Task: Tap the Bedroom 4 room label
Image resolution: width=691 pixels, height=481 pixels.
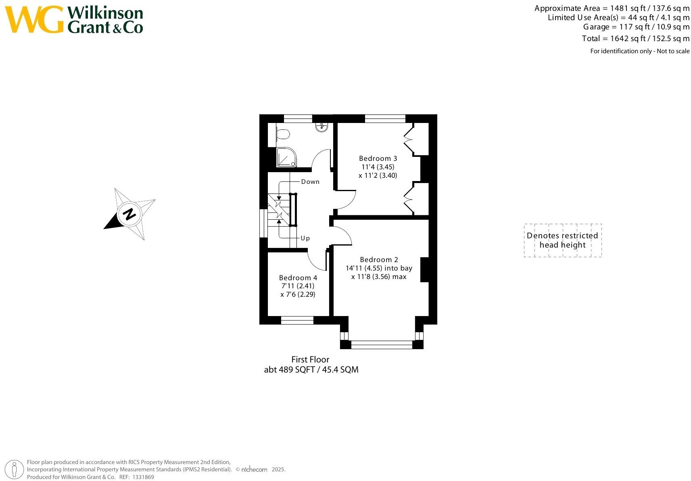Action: click(x=298, y=278)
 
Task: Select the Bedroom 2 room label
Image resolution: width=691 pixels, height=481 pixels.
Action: click(x=379, y=260)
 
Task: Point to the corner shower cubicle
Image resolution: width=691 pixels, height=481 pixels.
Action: click(x=286, y=158)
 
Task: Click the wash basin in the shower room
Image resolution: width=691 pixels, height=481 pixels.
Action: click(x=322, y=127)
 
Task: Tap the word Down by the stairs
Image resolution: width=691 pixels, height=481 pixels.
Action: click(x=310, y=182)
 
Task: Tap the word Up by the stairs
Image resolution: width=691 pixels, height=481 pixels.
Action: click(x=305, y=238)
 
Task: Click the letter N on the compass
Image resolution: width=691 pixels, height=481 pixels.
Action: click(x=129, y=214)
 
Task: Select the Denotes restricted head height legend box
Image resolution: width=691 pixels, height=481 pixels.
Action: click(x=562, y=240)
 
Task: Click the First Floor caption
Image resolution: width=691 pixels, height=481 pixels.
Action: click(x=310, y=359)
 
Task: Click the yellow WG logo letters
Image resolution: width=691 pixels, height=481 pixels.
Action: click(x=34, y=19)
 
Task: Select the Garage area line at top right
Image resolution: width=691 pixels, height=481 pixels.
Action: click(x=636, y=27)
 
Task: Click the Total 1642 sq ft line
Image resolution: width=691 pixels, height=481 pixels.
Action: click(x=635, y=39)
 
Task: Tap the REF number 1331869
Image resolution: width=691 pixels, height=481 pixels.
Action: click(x=144, y=477)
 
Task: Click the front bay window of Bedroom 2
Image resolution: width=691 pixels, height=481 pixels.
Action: click(x=382, y=345)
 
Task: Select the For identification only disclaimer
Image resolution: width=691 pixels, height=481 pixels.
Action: click(x=639, y=51)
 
